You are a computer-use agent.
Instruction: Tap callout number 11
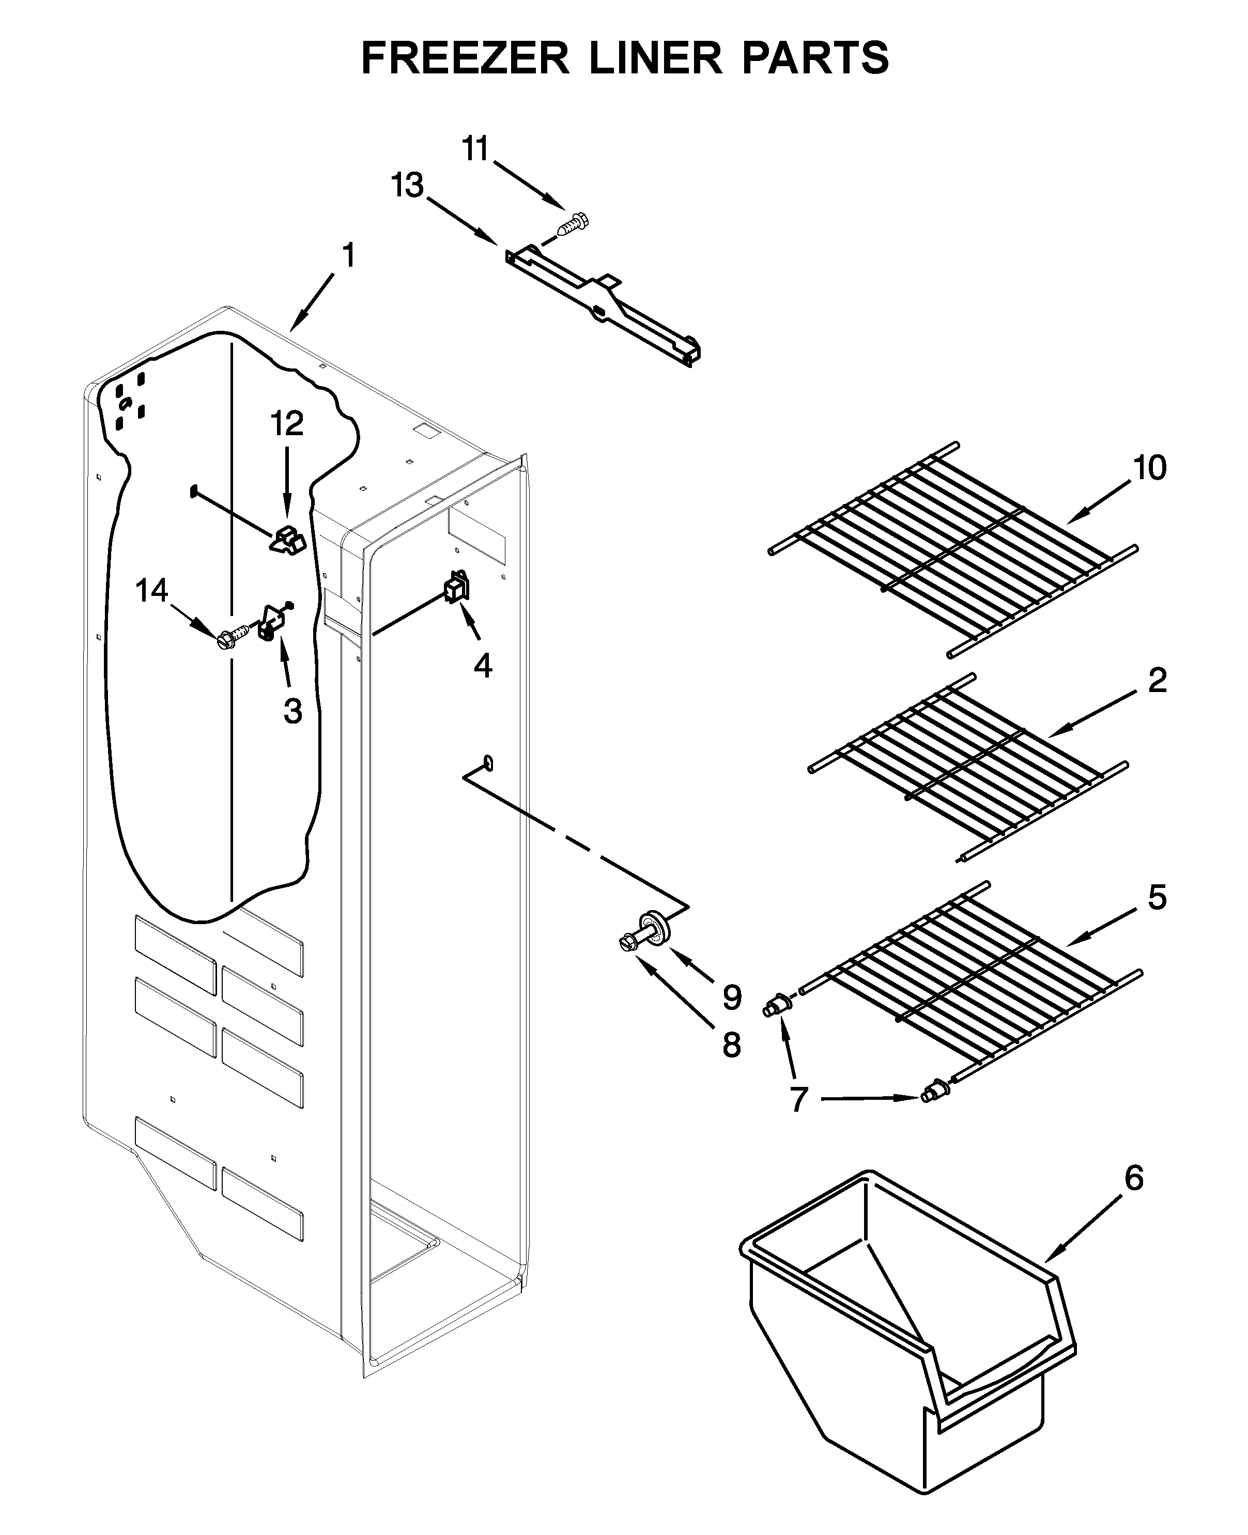click(x=475, y=149)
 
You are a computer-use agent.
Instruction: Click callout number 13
click(x=408, y=186)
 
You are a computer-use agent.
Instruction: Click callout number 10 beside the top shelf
click(x=1149, y=468)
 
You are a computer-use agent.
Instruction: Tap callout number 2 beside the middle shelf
click(x=1157, y=680)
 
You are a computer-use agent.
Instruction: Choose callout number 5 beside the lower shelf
click(x=1157, y=897)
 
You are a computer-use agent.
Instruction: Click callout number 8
click(x=731, y=1045)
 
